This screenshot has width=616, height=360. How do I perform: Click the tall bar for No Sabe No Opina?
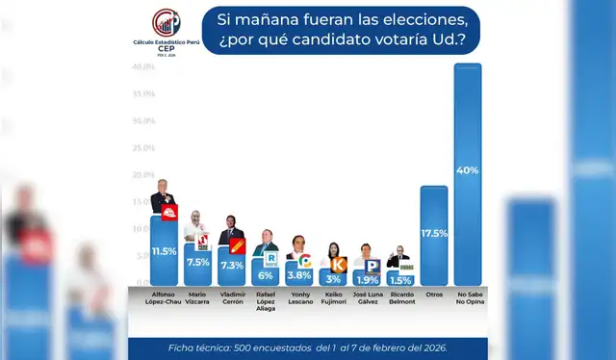(467, 173)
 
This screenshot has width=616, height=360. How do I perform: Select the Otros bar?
(433, 235)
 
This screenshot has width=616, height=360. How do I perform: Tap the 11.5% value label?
(164, 251)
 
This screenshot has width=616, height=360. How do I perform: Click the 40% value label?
(468, 169)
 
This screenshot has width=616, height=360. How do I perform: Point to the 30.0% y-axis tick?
(144, 120)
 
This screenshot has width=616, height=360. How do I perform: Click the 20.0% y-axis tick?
(144, 175)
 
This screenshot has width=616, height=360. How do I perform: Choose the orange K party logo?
(338, 264)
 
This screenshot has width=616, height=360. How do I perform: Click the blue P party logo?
(372, 264)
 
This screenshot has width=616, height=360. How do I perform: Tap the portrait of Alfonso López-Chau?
(159, 195)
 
